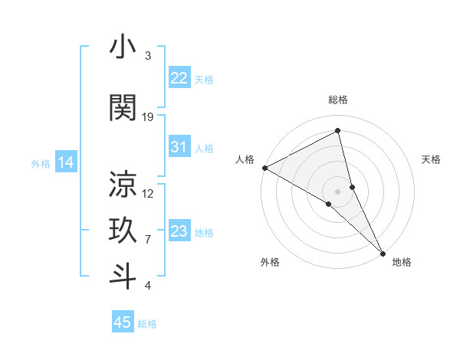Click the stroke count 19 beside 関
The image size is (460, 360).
click(x=148, y=117)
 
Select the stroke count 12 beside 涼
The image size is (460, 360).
click(x=148, y=193)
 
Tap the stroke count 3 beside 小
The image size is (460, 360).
click(x=148, y=56)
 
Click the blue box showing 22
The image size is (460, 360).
click(x=179, y=78)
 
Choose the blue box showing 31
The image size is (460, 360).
click(x=179, y=147)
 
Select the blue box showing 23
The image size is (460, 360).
click(x=179, y=231)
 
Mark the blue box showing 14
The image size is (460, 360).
click(x=65, y=162)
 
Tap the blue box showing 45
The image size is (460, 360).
click(x=123, y=322)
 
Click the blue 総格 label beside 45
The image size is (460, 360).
click(x=147, y=324)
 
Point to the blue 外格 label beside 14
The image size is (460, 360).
click(x=41, y=163)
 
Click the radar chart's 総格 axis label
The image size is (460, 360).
click(x=338, y=100)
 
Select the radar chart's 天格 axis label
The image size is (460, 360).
click(x=431, y=159)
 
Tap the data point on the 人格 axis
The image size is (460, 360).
click(x=264, y=167)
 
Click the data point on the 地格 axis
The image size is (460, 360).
click(x=383, y=252)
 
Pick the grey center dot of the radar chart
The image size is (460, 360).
click(x=338, y=191)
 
